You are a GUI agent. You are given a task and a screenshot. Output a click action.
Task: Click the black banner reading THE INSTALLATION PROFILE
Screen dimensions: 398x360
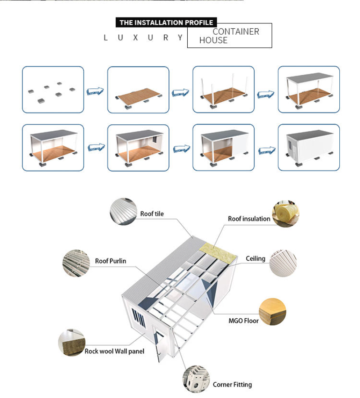tap(166, 23)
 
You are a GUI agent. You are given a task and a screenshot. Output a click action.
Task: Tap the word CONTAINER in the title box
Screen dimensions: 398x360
tap(236, 32)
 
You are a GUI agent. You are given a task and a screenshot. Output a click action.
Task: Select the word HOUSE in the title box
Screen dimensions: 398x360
tap(213, 41)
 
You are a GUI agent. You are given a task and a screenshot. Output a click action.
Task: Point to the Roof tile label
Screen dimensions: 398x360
tap(152, 214)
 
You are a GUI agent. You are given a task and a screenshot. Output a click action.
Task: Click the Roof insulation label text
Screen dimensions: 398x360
tap(249, 219)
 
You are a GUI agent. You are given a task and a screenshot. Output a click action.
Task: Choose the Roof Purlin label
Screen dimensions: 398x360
tap(111, 261)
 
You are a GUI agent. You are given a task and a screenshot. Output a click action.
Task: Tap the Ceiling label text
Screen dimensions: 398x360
tap(255, 259)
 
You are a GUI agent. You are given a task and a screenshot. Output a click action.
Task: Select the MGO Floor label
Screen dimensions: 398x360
tap(243, 321)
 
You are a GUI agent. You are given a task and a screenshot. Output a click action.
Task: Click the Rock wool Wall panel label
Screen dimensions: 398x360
tap(114, 351)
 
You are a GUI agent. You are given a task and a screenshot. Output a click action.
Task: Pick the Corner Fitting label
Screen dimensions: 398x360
tap(232, 384)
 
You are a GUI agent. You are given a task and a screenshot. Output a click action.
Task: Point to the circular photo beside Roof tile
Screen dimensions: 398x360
tap(124, 211)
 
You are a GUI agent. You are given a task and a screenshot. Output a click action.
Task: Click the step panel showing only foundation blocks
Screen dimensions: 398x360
tap(53, 90)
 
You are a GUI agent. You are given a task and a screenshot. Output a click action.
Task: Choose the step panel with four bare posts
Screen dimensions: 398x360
tap(224, 90)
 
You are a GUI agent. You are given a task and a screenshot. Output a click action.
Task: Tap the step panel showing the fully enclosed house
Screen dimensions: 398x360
tap(309, 148)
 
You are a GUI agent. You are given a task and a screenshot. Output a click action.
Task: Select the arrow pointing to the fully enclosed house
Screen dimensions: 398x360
tap(266, 149)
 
